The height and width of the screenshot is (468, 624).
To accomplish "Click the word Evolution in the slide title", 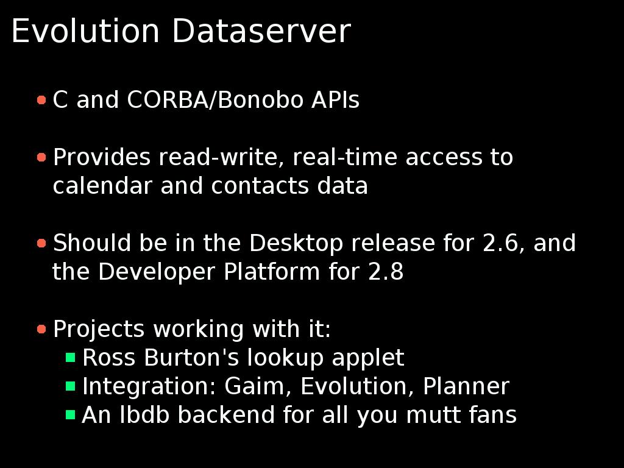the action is [85, 31].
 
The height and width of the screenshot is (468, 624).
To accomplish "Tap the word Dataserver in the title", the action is [261, 31].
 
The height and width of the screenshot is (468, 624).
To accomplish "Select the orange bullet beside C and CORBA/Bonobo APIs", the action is [41, 100].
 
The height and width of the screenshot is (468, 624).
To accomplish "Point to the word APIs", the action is [336, 99].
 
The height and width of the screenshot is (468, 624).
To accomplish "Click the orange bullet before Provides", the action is [41, 158].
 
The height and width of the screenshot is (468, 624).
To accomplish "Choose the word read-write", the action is [221, 157].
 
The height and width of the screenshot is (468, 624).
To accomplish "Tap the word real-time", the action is [345, 157].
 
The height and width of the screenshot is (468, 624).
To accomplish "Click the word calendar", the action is [102, 185].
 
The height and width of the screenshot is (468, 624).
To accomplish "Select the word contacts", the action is [260, 185].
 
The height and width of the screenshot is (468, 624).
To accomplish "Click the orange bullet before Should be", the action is [41, 243].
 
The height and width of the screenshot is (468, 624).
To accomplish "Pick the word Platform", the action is [272, 271].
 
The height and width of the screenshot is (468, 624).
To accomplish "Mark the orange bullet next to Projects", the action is [41, 329].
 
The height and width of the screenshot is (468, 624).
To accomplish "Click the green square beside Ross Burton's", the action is [71, 357].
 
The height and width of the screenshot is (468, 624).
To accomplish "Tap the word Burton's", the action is [191, 357].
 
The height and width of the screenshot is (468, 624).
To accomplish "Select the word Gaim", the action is [258, 386].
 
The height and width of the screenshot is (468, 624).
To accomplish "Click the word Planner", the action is [466, 386].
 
